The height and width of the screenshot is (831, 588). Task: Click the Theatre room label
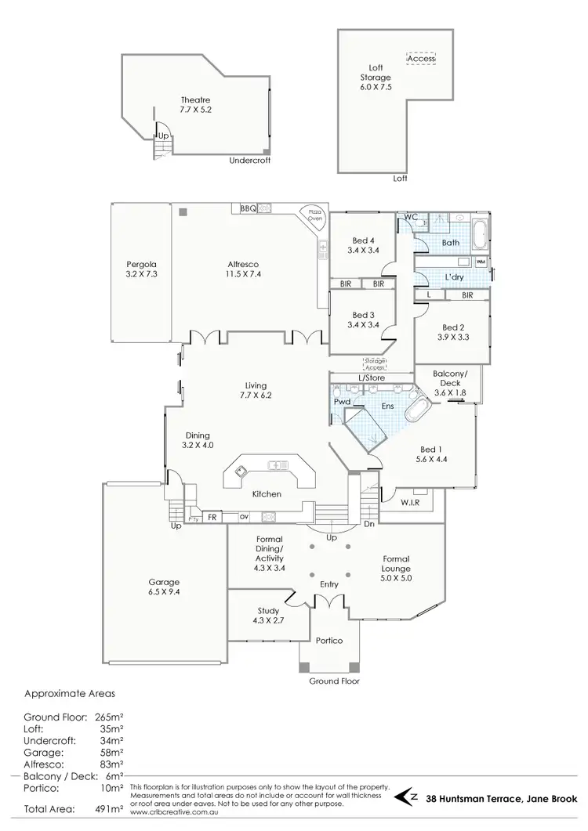pyautogui.click(x=196, y=99)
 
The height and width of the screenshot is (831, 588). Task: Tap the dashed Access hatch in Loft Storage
pyautogui.click(x=421, y=59)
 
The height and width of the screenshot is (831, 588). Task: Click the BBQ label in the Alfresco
pyautogui.click(x=249, y=208)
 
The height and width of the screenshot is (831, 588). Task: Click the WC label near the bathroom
pyautogui.click(x=409, y=217)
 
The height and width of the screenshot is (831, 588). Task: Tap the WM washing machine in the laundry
pyautogui.click(x=481, y=261)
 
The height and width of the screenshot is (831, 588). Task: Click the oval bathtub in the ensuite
pyautogui.click(x=417, y=410)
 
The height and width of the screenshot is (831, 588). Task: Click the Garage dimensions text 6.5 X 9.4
pyautogui.click(x=165, y=593)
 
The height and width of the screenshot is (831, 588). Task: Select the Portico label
pyautogui.click(x=330, y=640)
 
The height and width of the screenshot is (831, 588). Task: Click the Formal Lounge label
pyautogui.click(x=395, y=564)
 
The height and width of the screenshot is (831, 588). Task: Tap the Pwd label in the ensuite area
pyautogui.click(x=341, y=402)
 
